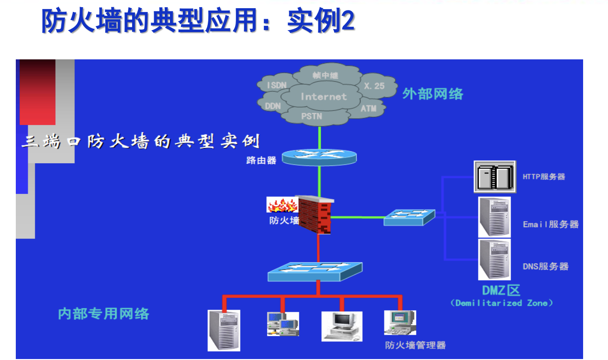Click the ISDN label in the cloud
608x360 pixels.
click(x=277, y=85)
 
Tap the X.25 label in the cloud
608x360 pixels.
click(x=374, y=86)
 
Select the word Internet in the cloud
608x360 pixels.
click(x=323, y=96)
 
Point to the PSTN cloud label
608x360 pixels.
click(x=312, y=116)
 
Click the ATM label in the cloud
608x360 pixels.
click(x=369, y=109)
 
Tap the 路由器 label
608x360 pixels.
click(x=261, y=160)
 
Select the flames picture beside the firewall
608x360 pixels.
click(x=282, y=205)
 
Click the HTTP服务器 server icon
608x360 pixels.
click(x=495, y=177)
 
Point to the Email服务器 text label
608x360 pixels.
click(x=551, y=224)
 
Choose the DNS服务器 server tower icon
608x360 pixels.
click(x=494, y=259)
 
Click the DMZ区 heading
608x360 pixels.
click(x=501, y=290)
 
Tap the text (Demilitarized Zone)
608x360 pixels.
click(x=501, y=303)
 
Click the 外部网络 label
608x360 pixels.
click(x=433, y=94)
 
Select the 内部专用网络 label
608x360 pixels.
click(x=103, y=314)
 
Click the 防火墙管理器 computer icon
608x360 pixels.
click(x=400, y=323)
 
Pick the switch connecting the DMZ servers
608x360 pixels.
click(x=409, y=217)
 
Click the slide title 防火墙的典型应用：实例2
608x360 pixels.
click(x=198, y=22)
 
